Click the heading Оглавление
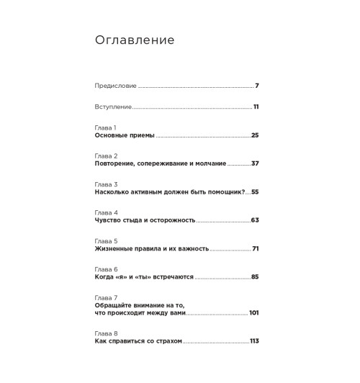[135, 40]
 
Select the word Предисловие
[114, 86]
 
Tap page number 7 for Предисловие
[257, 86]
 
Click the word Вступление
[113, 107]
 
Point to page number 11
[256, 107]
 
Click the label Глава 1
[105, 127]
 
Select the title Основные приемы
[125, 135]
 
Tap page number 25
[254, 135]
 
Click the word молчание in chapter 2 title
[209, 163]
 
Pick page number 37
[255, 163]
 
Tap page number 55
[254, 192]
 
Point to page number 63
[254, 220]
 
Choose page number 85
[254, 277]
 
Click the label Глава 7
[106, 297]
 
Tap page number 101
[253, 313]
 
